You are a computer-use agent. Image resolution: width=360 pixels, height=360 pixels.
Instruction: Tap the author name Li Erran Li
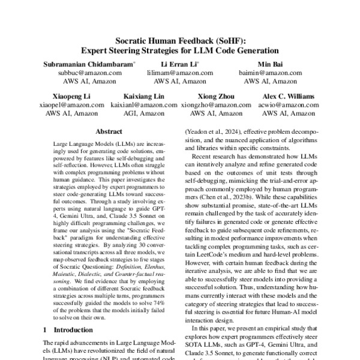tap(178, 63)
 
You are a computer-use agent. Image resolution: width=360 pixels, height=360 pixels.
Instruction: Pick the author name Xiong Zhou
tap(216, 96)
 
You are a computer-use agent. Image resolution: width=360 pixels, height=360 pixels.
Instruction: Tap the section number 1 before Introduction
tap(46, 329)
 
